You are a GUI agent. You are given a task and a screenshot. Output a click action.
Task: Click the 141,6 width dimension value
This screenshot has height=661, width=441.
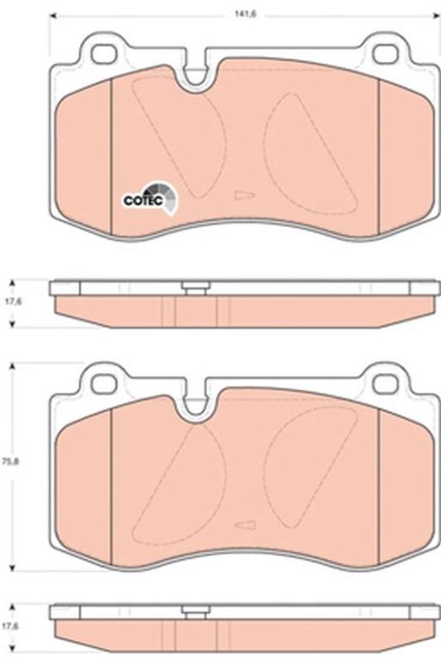pyautogui.click(x=245, y=15)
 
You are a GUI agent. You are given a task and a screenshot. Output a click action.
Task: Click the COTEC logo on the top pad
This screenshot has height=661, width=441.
pyautogui.click(x=151, y=198)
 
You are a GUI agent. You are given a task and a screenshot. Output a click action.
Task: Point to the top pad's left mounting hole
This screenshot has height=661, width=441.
pyautogui.click(x=104, y=54)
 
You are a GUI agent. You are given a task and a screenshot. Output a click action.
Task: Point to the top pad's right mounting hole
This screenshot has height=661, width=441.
pyautogui.click(x=386, y=54)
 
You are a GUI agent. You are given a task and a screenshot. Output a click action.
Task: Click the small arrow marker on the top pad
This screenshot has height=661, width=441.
pyautogui.click(x=245, y=195)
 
